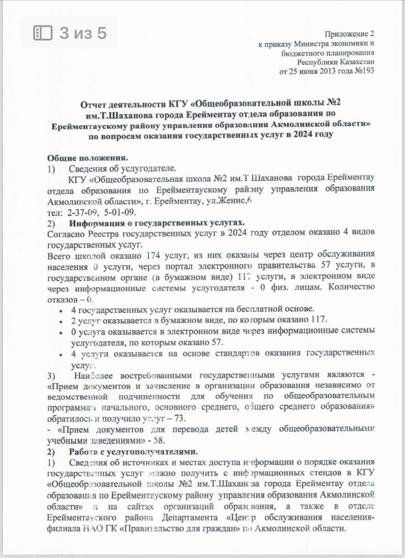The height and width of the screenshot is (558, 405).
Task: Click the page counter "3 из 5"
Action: coord(83,33)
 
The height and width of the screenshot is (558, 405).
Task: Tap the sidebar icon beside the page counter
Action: coord(43,33)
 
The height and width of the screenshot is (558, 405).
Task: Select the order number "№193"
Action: coord(364,71)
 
